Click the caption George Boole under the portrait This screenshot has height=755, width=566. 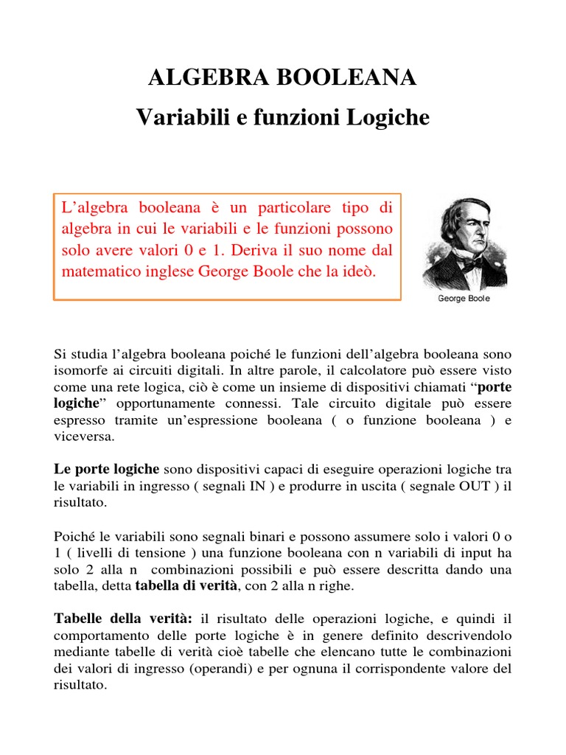coord(464,299)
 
